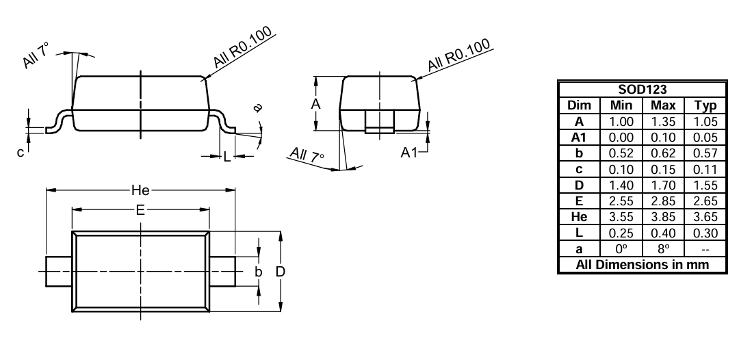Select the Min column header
coord(620,105)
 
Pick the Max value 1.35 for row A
coord(662,122)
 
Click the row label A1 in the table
coord(579,138)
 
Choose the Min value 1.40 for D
coord(620,185)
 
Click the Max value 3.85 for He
coord(662,216)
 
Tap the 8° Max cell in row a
coord(662,248)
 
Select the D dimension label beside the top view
coord(281,272)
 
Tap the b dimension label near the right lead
coord(259,272)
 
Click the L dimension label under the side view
coord(227,157)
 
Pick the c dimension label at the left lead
coord(21,152)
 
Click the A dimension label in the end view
coord(315,103)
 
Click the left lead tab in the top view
coord(59,272)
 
